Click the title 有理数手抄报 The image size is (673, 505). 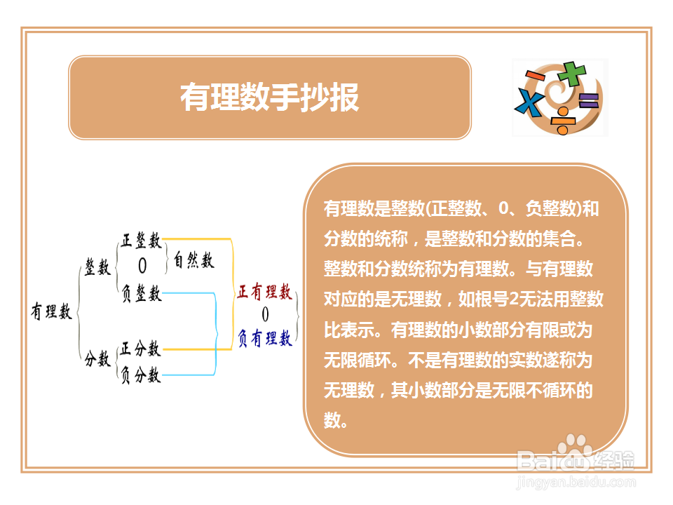(x=269, y=97)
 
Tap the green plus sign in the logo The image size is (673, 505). (x=572, y=74)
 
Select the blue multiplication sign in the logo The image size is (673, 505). (x=530, y=102)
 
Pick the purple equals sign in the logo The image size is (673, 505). (x=588, y=100)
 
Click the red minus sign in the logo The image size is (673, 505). (x=535, y=76)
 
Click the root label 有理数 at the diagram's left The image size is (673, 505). (x=51, y=311)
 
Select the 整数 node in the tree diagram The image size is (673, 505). (x=98, y=267)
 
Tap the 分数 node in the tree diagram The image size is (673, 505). (x=97, y=358)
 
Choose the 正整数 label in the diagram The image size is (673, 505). (x=141, y=241)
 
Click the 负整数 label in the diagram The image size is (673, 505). (x=141, y=293)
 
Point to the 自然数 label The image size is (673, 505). (x=193, y=260)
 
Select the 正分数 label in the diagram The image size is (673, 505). (x=140, y=349)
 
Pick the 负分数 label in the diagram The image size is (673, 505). (x=140, y=375)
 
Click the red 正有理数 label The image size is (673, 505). (x=264, y=292)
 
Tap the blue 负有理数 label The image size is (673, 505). (x=265, y=338)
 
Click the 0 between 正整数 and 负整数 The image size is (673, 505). (x=142, y=266)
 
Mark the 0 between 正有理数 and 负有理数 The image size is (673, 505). (x=265, y=314)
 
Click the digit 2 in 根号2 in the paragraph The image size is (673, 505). (x=514, y=299)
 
